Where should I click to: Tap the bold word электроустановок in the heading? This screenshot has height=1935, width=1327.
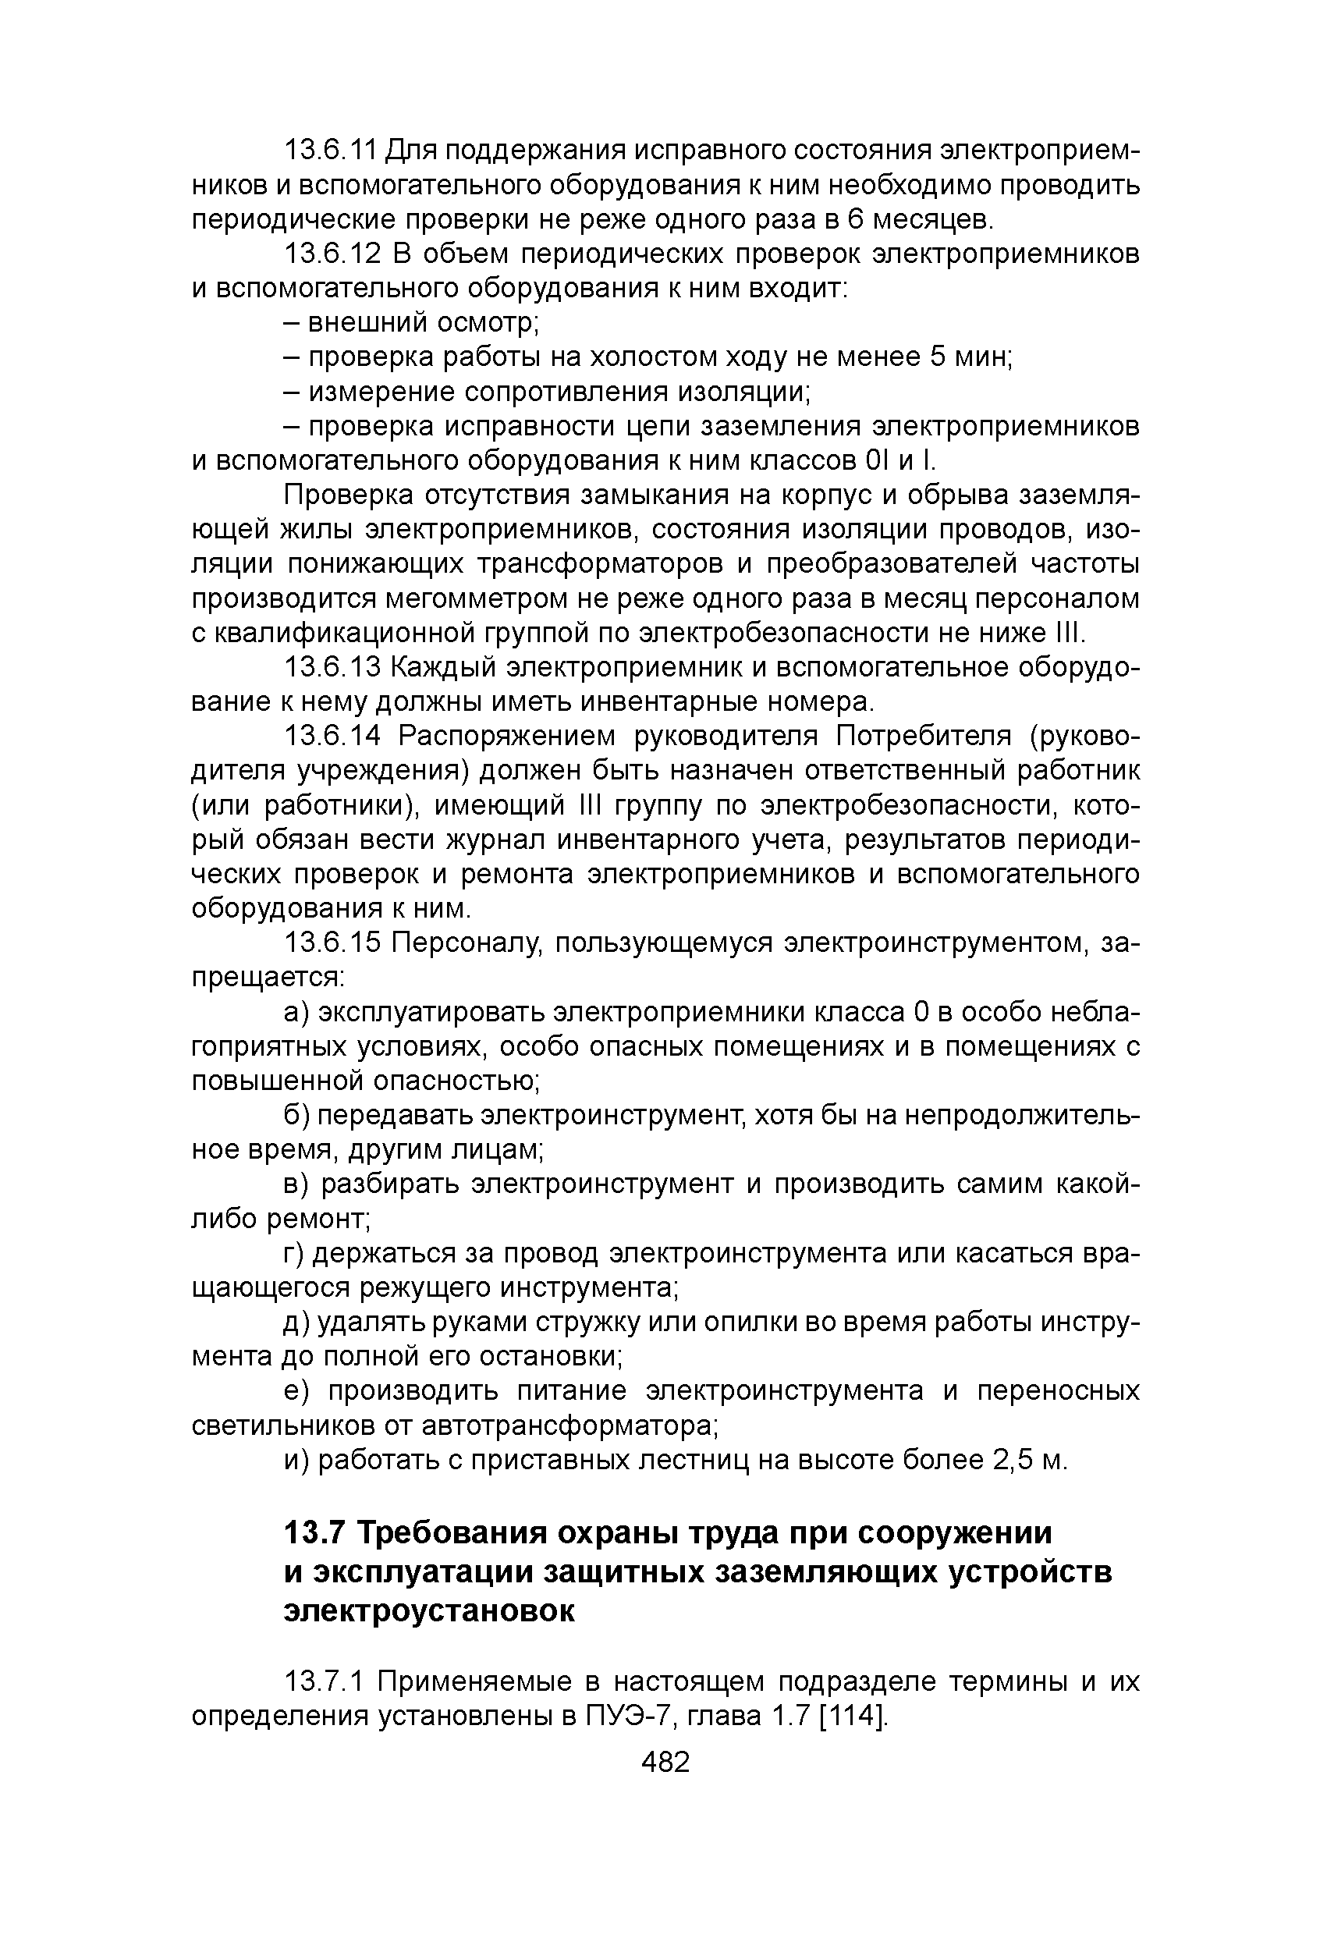pyautogui.click(x=429, y=1611)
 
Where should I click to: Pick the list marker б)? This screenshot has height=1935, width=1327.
pyautogui.click(x=296, y=1116)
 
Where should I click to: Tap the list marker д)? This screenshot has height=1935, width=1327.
pyautogui.click(x=296, y=1323)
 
